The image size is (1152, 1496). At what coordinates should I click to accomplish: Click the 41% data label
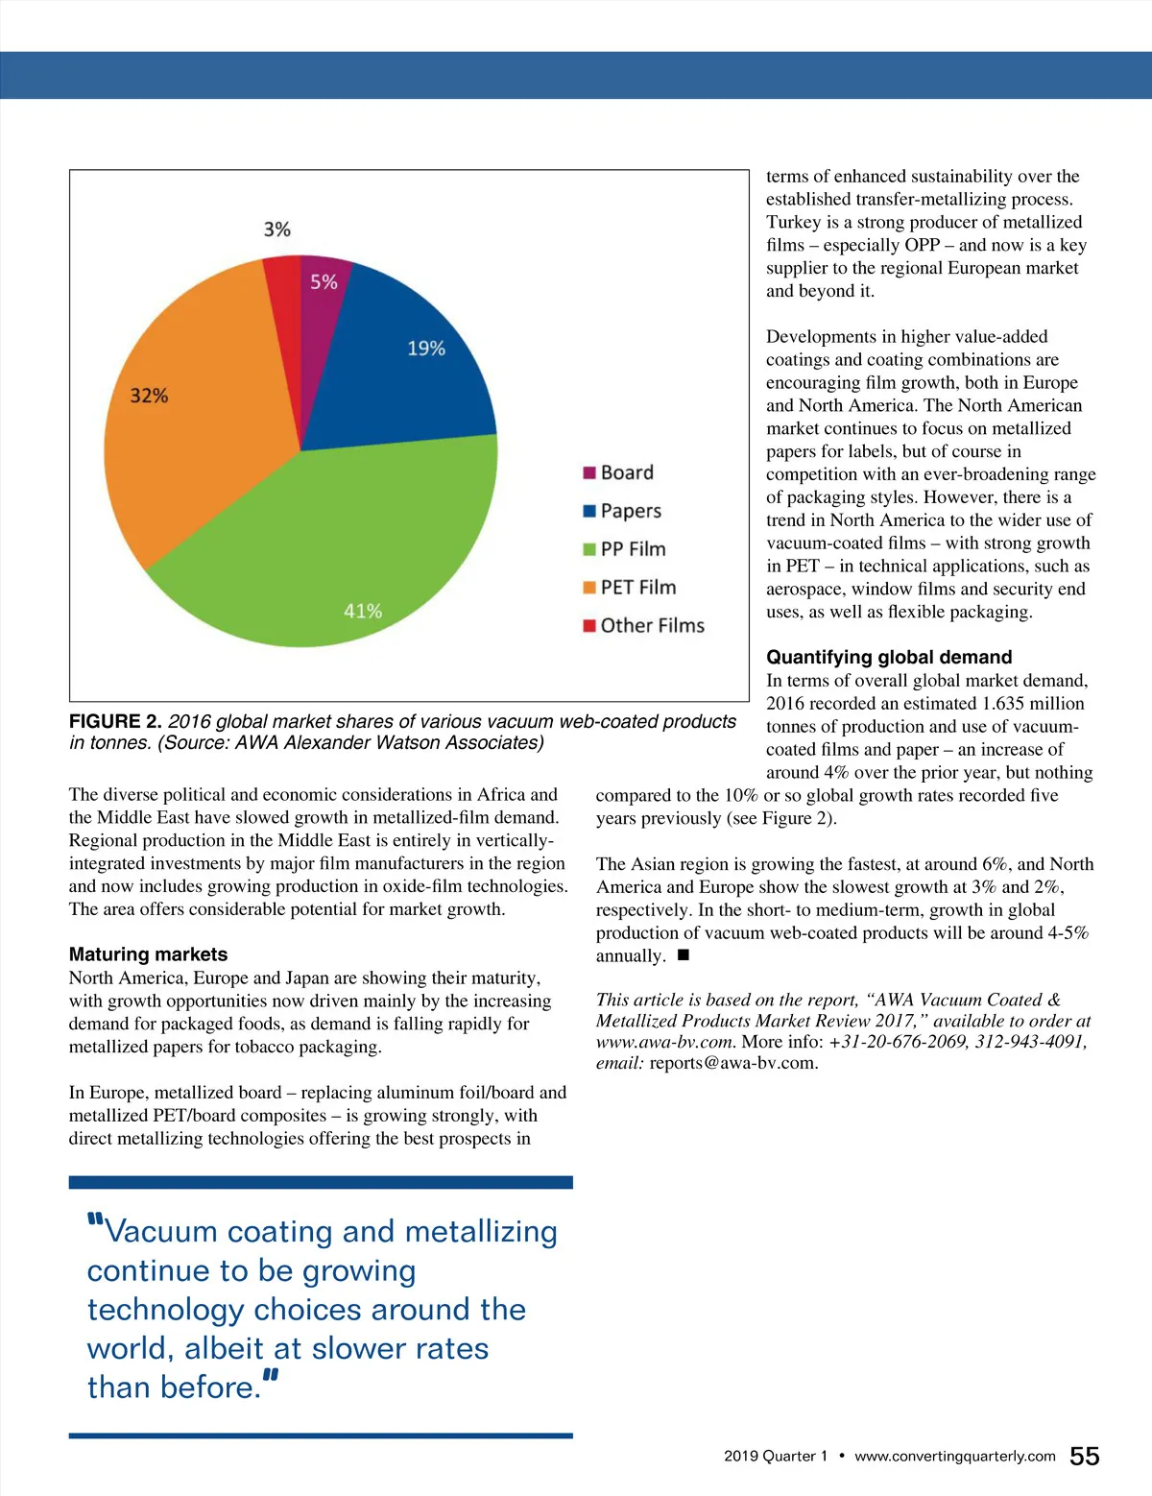click(363, 611)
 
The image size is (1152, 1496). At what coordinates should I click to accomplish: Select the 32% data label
click(149, 396)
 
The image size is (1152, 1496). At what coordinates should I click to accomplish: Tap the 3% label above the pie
click(276, 229)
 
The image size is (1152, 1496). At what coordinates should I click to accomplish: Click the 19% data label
click(425, 349)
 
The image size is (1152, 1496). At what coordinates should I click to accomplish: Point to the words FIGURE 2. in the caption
click(115, 722)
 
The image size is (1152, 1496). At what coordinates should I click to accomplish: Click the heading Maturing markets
click(148, 954)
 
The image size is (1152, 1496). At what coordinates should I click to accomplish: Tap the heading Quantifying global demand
click(889, 658)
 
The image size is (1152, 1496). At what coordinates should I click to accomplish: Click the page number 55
click(1084, 1457)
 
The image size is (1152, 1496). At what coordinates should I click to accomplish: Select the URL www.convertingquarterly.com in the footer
click(954, 1457)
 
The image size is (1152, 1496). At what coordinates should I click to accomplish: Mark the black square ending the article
click(684, 955)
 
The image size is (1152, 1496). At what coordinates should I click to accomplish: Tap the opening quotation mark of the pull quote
click(95, 1220)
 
